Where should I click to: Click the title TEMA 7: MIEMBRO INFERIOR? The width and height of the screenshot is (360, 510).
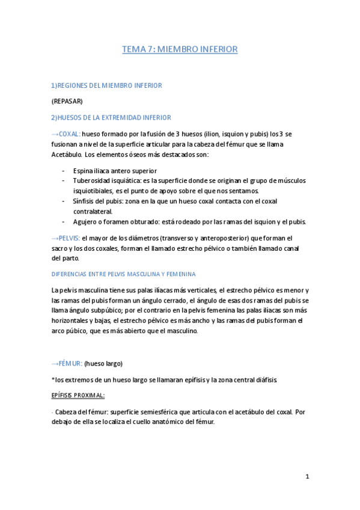(180, 49)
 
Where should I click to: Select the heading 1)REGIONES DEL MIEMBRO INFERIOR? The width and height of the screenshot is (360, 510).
(106, 85)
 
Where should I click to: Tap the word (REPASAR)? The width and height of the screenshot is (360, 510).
(67, 101)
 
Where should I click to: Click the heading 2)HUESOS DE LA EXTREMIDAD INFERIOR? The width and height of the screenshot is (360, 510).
(111, 117)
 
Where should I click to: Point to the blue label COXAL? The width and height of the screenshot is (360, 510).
(69, 134)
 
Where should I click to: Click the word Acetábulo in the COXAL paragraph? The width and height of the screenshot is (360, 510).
(69, 155)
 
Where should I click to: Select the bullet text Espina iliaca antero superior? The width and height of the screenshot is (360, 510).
(115, 171)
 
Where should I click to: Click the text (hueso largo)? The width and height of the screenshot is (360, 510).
(103, 364)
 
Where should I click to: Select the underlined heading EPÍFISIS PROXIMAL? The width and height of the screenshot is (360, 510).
(78, 396)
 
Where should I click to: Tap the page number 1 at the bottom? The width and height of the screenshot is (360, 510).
(307, 476)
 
